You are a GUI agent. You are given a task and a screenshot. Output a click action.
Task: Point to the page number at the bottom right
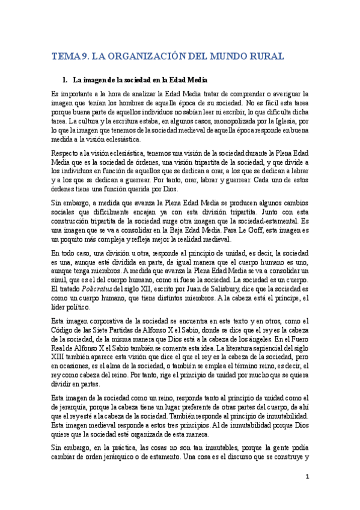307,477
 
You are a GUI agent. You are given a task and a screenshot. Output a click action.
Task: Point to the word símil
59,281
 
